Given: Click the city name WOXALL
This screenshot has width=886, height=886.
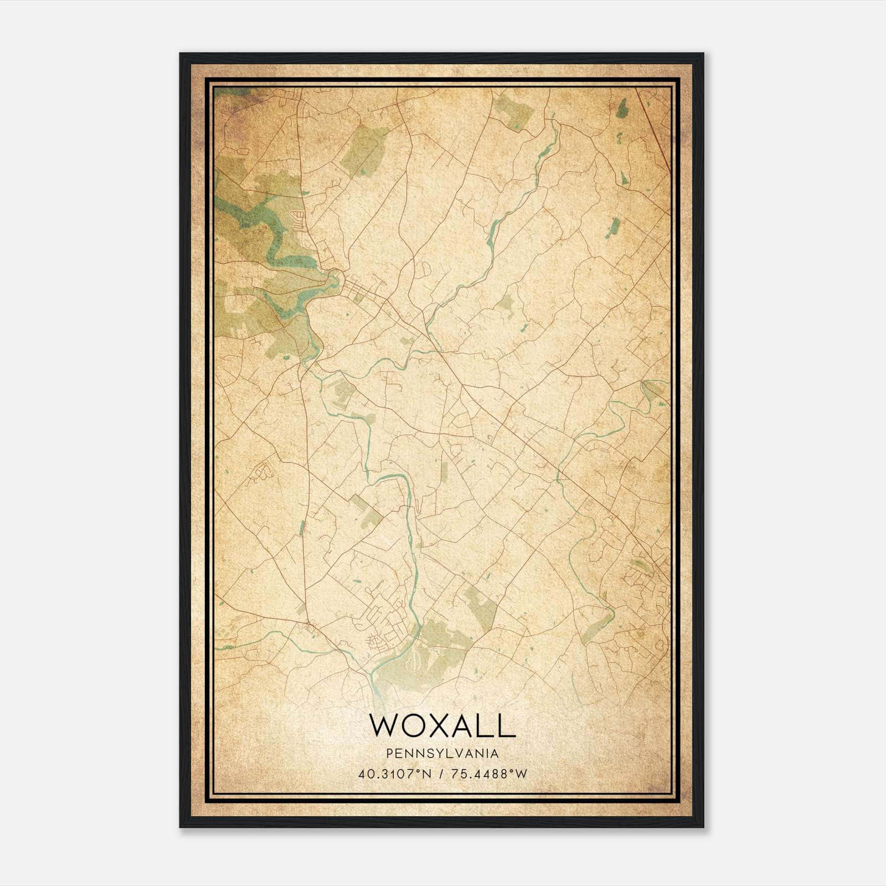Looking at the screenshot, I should click(442, 725).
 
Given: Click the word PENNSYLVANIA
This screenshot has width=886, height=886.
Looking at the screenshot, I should click(442, 754).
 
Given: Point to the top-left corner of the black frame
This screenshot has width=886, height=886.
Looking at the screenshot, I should click(181, 54).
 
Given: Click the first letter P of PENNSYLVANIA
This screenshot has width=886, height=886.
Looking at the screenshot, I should click(390, 754).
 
